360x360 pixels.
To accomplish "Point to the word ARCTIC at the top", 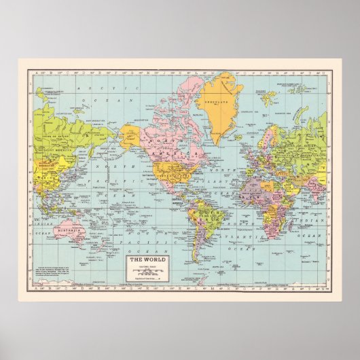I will click(86, 88).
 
